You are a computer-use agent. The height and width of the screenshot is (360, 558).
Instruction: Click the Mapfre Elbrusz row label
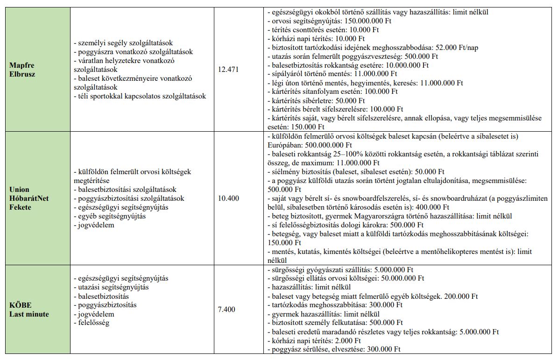[22, 69]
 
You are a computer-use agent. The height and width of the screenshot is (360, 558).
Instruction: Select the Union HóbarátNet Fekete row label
[28, 198]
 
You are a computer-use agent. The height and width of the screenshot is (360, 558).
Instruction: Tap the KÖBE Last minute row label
[29, 310]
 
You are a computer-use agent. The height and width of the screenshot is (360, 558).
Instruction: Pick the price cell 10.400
[228, 198]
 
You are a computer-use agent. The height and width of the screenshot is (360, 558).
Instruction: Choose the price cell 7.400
[226, 310]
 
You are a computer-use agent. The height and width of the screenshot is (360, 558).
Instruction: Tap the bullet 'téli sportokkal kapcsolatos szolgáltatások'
[140, 96]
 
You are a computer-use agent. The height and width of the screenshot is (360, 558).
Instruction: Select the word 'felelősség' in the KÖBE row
[93, 323]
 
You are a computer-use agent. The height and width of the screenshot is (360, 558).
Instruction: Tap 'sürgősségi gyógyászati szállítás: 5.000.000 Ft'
[340, 269]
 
